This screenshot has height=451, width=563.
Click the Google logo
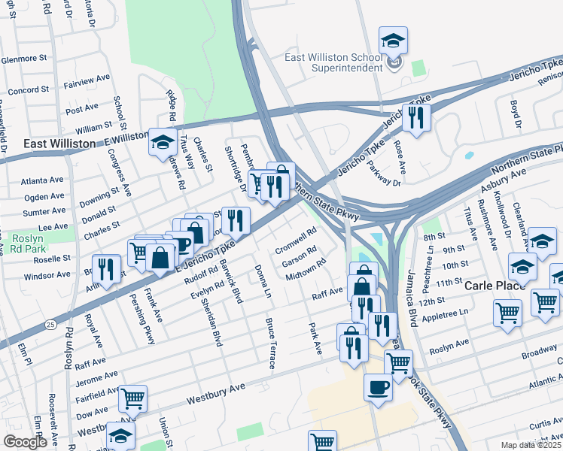pos(25,442)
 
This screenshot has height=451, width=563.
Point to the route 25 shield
pos(50,323)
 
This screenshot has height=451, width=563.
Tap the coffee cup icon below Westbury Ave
pos(378,387)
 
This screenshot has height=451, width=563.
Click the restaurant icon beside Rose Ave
pos(415,117)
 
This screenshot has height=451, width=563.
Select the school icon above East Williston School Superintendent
pos(393,40)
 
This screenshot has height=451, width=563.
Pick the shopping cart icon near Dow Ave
pos(132,398)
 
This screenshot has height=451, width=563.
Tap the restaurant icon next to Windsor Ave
pos(106,270)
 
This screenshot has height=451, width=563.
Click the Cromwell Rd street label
pos(294,242)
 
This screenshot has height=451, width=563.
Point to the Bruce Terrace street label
pos(270,343)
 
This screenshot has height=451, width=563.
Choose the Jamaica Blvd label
pos(412,298)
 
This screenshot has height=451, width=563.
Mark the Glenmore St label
pos(24,59)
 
